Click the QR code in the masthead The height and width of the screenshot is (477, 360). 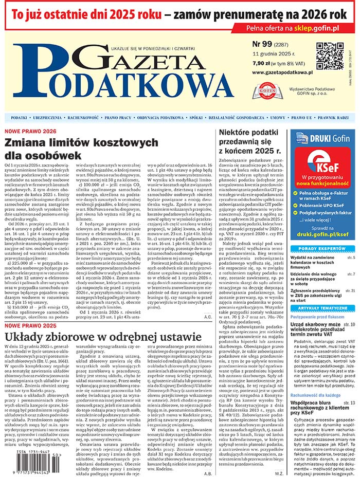(329, 56)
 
